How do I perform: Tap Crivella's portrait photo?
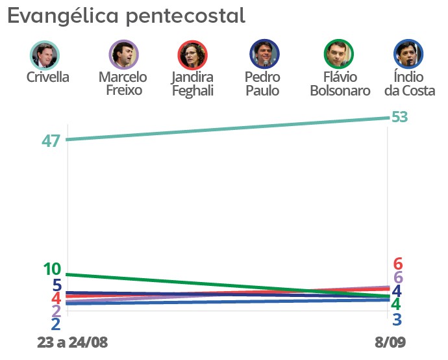click(45, 55)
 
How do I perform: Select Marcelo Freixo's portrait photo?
click(122, 55)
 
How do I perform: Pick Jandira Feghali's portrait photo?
click(192, 55)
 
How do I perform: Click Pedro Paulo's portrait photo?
click(264, 55)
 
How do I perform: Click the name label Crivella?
click(48, 77)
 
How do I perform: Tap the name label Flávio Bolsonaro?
click(340, 84)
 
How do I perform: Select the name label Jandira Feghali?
click(192, 84)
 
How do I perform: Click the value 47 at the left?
click(51, 141)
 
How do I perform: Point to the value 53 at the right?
click(399, 117)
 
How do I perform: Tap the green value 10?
click(52, 268)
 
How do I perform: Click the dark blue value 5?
click(57, 285)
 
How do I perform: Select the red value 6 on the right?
click(398, 264)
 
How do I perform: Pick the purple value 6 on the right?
click(398, 277)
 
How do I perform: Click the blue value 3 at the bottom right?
click(396, 319)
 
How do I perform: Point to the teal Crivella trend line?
click(227, 129)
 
